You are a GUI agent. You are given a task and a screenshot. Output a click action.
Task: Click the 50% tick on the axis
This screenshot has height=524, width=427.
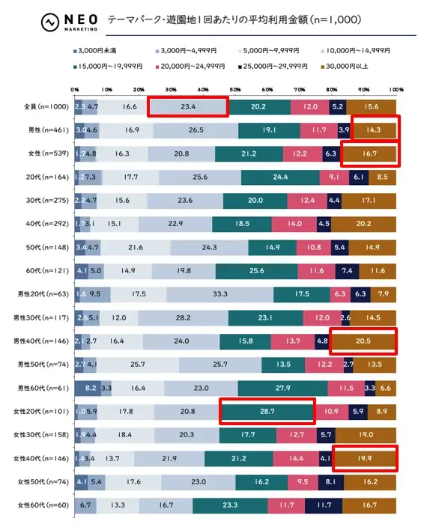[x=235, y=90]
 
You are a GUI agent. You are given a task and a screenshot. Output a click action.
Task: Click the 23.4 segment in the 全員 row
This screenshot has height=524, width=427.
[x=188, y=107]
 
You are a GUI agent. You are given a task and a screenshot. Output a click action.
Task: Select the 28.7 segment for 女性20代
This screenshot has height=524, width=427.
[x=267, y=412]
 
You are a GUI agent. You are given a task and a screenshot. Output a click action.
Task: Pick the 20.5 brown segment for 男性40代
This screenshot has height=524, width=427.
[x=363, y=341]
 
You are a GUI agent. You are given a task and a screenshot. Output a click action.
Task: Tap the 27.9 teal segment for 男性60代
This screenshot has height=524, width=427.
[x=282, y=388]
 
